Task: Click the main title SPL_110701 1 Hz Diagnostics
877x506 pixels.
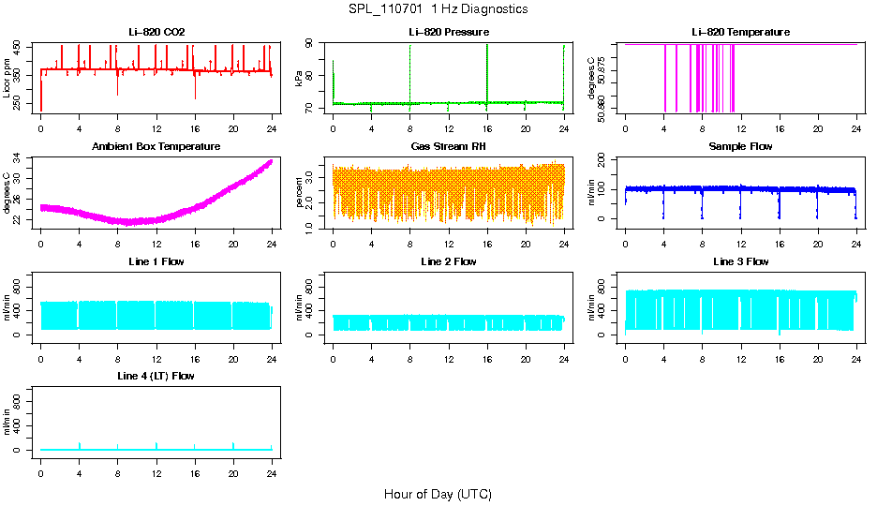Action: [437, 8]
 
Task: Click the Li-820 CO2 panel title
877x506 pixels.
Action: [156, 32]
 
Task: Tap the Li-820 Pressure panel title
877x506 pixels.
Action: [449, 32]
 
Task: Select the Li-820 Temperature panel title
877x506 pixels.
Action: [740, 32]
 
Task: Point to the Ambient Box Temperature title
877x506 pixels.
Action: [156, 146]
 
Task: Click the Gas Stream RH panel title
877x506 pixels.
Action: [449, 146]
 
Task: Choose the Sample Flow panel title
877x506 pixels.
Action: [740, 146]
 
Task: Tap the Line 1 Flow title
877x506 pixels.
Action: [156, 261]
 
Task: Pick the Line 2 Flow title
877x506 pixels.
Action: [449, 261]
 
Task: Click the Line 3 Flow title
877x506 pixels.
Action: [740, 261]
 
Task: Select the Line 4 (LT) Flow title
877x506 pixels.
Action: [156, 376]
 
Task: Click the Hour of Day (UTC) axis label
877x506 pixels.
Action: [438, 494]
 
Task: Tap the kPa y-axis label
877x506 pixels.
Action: [300, 78]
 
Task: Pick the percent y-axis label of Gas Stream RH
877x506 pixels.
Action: [300, 192]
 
